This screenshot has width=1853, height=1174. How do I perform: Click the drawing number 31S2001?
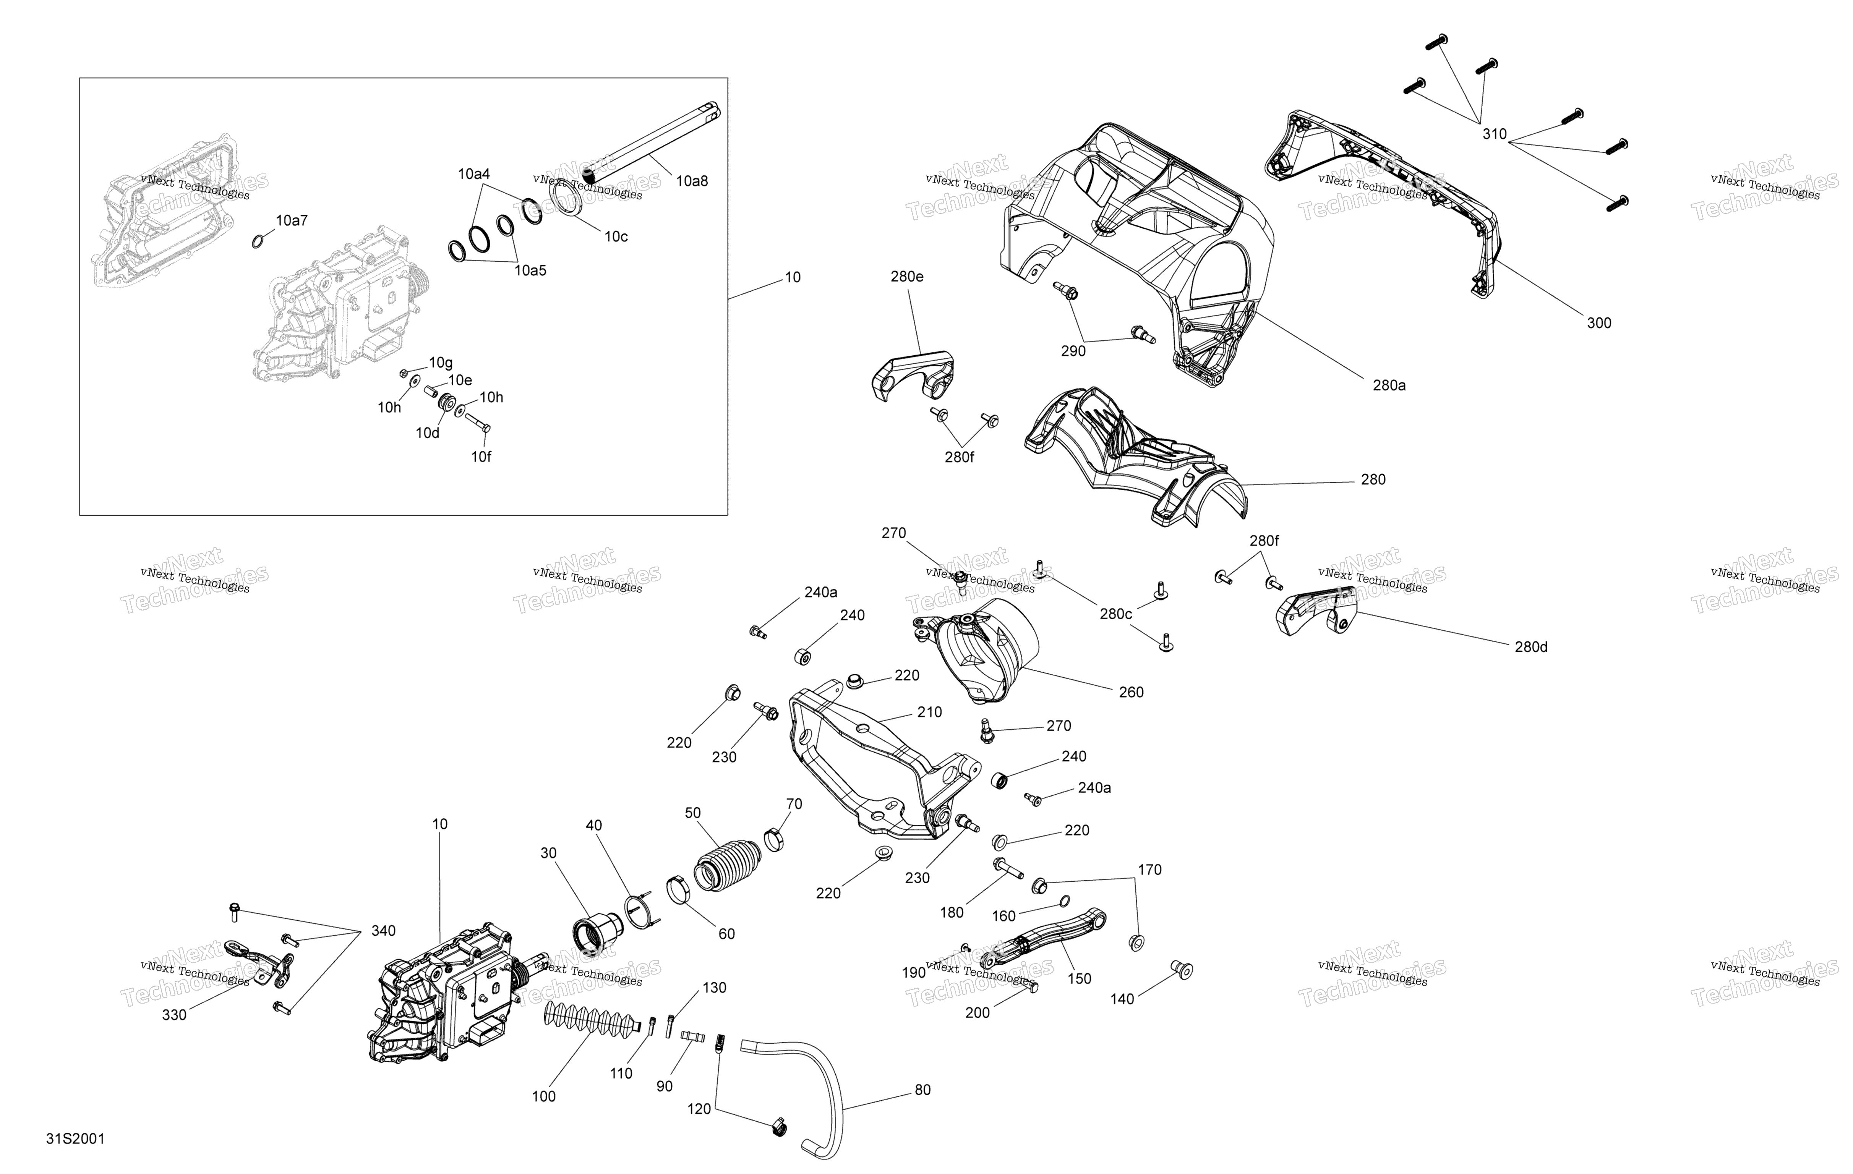point(75,1138)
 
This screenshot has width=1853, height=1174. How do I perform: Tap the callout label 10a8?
point(692,181)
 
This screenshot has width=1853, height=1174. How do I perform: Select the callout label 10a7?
point(292,221)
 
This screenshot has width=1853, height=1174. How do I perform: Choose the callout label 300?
point(1599,323)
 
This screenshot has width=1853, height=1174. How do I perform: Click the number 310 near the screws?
point(1495,134)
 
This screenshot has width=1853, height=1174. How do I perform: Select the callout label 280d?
point(1530,647)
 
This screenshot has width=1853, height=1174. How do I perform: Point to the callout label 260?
point(1130,692)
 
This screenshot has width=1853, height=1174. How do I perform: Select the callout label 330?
point(174,1015)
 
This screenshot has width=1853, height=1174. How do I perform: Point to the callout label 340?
point(383,931)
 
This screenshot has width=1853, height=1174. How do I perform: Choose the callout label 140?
point(1122,999)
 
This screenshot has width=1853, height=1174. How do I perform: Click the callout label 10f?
point(481,457)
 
